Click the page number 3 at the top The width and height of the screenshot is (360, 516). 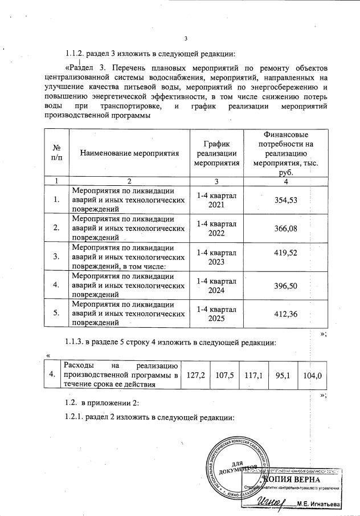(186, 39)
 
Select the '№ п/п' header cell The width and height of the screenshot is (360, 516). (56, 152)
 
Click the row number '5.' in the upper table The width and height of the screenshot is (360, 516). (56, 313)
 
